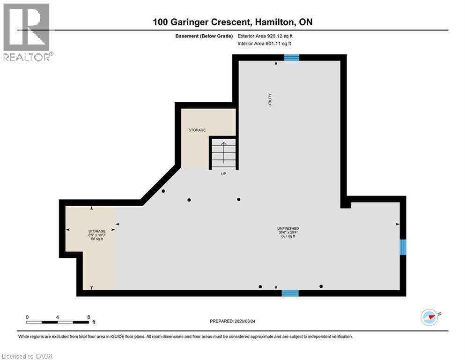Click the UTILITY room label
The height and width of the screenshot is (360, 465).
[270, 100]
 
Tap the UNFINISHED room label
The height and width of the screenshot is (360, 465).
[288, 228]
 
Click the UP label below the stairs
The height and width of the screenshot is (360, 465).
[224, 173]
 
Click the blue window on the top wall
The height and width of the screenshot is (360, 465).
[292, 58]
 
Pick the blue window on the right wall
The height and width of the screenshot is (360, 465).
[403, 247]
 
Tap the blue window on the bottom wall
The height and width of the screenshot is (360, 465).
[290, 293]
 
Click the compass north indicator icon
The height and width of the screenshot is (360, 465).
[429, 317]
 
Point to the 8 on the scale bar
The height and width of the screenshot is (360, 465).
[88, 317]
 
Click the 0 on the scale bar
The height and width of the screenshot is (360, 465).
[27, 317]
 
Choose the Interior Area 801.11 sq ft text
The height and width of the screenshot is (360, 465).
[265, 44]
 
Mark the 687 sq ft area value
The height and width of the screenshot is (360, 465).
[288, 236]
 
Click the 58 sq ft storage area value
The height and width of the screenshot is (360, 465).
[97, 239]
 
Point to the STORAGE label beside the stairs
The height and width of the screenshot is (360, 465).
[197, 130]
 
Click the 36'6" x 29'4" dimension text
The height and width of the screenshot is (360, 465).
[288, 232]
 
